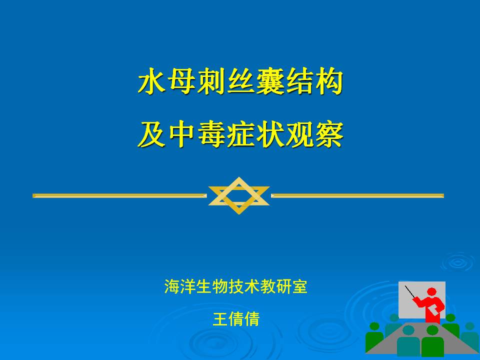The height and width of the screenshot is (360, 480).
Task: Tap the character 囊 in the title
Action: click(270, 81)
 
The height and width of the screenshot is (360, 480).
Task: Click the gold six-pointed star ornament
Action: click(239, 195)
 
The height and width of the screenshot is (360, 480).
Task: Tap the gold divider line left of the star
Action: click(119, 195)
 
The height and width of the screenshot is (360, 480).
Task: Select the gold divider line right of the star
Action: click(357, 195)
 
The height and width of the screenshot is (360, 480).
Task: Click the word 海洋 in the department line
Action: click(179, 286)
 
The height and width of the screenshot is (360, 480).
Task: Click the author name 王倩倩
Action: click(236, 319)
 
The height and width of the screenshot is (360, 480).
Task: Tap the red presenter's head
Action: click(431, 291)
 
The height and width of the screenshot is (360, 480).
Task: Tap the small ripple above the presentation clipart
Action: click(458, 262)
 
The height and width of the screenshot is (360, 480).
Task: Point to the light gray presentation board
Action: click(422, 300)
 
